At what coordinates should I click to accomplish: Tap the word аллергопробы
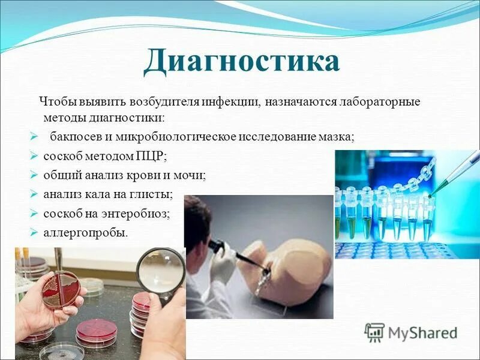click(x=85, y=232)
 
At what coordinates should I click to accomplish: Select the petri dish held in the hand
click(x=61, y=289)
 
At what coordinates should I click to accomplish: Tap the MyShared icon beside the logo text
click(x=374, y=332)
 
